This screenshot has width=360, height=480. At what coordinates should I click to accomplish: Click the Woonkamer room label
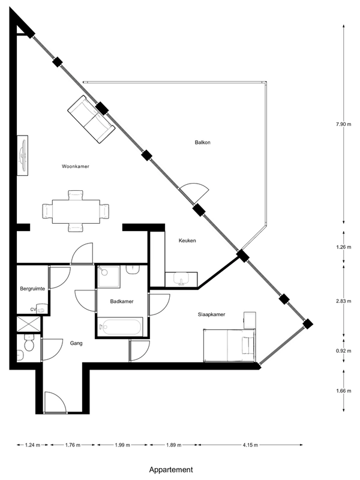pos(76,167)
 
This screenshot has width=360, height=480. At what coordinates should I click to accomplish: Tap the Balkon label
pos(203,142)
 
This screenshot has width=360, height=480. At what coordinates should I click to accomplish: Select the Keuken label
pos(187,241)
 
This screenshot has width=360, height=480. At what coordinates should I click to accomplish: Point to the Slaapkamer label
pos(212,314)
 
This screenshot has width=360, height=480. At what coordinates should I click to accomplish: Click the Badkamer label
pos(122,302)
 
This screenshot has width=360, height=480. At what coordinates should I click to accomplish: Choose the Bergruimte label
pos(32,289)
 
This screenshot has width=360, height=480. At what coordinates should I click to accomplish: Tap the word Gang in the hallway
pos(76,343)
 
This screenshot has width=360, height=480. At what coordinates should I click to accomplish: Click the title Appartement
pos(171,470)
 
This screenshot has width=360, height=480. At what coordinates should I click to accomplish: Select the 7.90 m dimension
pos(343,124)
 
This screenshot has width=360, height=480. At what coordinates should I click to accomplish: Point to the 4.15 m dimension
pos(250,445)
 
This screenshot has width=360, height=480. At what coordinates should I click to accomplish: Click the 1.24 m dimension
pos(32,445)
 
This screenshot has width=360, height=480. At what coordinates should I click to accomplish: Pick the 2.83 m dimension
pos(343,301)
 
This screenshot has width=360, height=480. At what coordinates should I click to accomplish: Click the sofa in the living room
pos(91,119)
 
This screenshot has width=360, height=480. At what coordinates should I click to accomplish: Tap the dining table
pos(76,212)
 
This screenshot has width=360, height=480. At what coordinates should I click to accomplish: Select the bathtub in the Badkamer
pos(120,327)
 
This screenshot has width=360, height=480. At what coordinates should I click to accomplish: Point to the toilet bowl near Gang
pos(29,344)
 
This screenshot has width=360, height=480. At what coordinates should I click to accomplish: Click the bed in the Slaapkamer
pos(230,346)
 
